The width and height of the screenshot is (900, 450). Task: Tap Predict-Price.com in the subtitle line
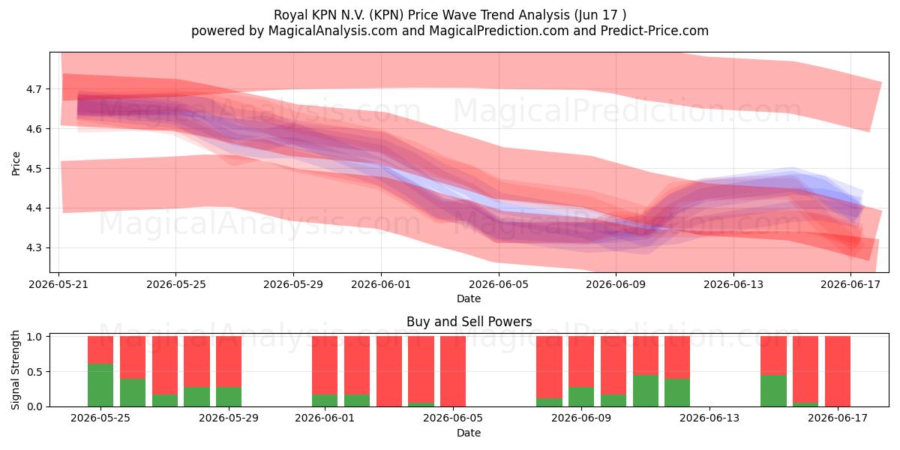click(x=655, y=31)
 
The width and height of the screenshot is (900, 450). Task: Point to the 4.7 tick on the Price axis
click(x=34, y=89)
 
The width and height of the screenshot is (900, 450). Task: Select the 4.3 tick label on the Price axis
click(x=34, y=248)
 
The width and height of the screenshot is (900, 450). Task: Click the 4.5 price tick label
click(x=34, y=169)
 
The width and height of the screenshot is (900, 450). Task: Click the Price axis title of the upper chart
click(x=16, y=163)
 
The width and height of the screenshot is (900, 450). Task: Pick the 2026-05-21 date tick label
click(x=58, y=284)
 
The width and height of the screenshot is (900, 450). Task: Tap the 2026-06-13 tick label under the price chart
click(x=733, y=284)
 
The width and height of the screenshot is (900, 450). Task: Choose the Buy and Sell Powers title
click(x=469, y=322)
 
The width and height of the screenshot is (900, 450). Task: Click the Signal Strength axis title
click(x=15, y=370)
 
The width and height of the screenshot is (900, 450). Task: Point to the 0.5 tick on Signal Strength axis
click(x=34, y=372)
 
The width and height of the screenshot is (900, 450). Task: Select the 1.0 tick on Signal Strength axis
click(x=34, y=337)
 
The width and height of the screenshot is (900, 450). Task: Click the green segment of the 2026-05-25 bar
click(x=100, y=385)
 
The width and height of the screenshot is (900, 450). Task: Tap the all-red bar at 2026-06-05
click(x=453, y=371)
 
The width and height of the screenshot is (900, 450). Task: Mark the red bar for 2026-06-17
click(x=837, y=371)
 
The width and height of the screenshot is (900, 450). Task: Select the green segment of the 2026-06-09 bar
click(x=581, y=397)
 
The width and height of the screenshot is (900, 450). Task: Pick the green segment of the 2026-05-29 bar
click(x=229, y=397)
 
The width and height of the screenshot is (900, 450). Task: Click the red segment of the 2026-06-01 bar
click(x=325, y=365)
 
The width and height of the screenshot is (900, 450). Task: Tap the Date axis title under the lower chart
click(x=469, y=433)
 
